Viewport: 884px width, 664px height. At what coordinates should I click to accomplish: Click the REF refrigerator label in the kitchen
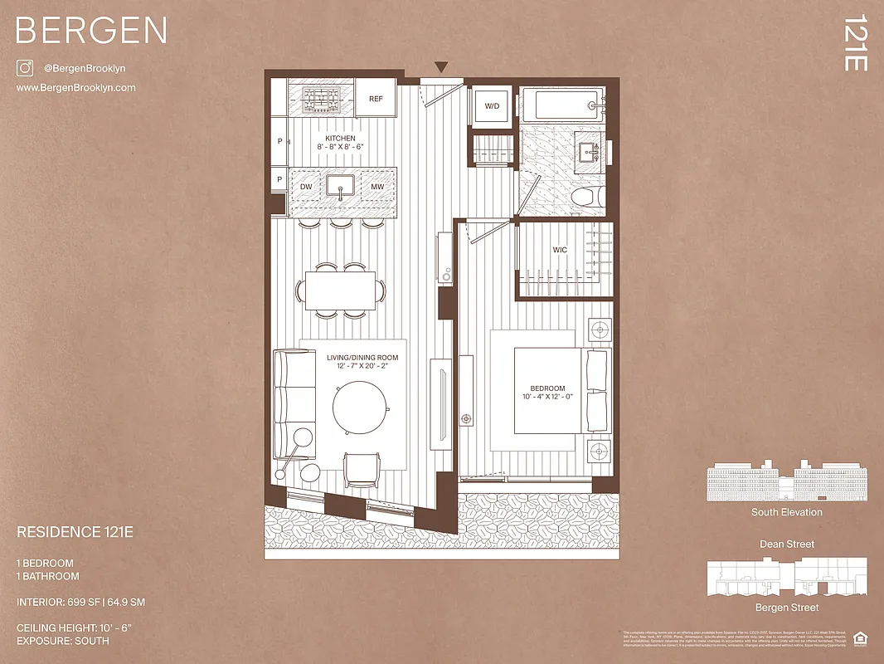click(x=376, y=99)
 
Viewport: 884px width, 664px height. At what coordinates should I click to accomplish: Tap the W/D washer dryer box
click(x=492, y=106)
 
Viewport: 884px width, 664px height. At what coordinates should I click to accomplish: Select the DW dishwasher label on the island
click(x=306, y=187)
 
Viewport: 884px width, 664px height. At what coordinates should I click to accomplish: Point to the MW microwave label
click(x=377, y=187)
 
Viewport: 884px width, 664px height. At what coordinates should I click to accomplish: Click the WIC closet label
click(x=561, y=249)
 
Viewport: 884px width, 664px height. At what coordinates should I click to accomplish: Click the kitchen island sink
click(x=341, y=186)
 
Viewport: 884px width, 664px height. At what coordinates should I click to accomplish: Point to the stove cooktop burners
click(x=320, y=99)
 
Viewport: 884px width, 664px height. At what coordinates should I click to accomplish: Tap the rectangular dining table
click(x=340, y=290)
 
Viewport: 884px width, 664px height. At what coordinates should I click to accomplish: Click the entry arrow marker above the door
click(x=441, y=67)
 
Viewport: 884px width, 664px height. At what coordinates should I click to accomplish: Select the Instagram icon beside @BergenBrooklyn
click(x=24, y=68)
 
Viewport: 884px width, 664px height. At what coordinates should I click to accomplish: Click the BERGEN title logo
click(x=91, y=31)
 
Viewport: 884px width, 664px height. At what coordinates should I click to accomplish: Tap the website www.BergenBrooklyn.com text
click(x=75, y=88)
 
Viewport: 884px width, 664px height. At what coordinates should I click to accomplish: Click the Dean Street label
click(x=787, y=544)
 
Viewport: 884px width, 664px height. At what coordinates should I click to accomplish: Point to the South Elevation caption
click(x=787, y=512)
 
